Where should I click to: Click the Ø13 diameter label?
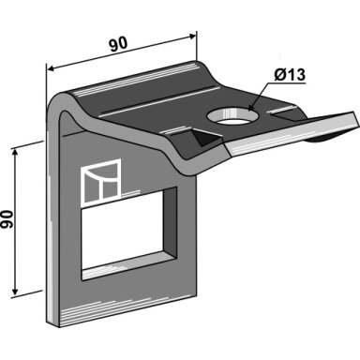[290, 75]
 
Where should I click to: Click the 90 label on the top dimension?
[118, 44]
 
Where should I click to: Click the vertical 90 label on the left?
[7, 219]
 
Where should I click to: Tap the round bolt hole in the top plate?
[233, 116]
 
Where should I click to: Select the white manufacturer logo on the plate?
[101, 182]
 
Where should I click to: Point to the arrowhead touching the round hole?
[252, 107]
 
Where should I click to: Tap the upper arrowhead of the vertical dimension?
[14, 153]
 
